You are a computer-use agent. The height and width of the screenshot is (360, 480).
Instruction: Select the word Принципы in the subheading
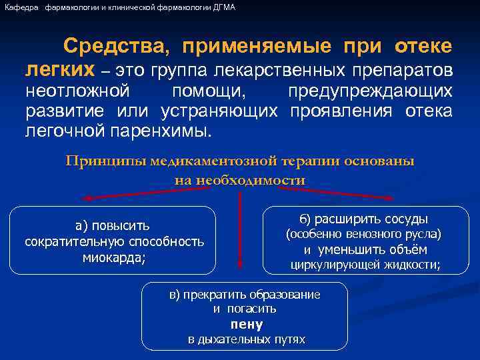point(105,161)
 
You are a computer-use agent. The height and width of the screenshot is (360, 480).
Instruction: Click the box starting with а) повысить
point(114,241)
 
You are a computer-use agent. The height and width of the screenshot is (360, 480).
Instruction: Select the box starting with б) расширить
point(363,241)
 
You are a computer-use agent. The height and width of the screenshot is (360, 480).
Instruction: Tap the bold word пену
point(246,324)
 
